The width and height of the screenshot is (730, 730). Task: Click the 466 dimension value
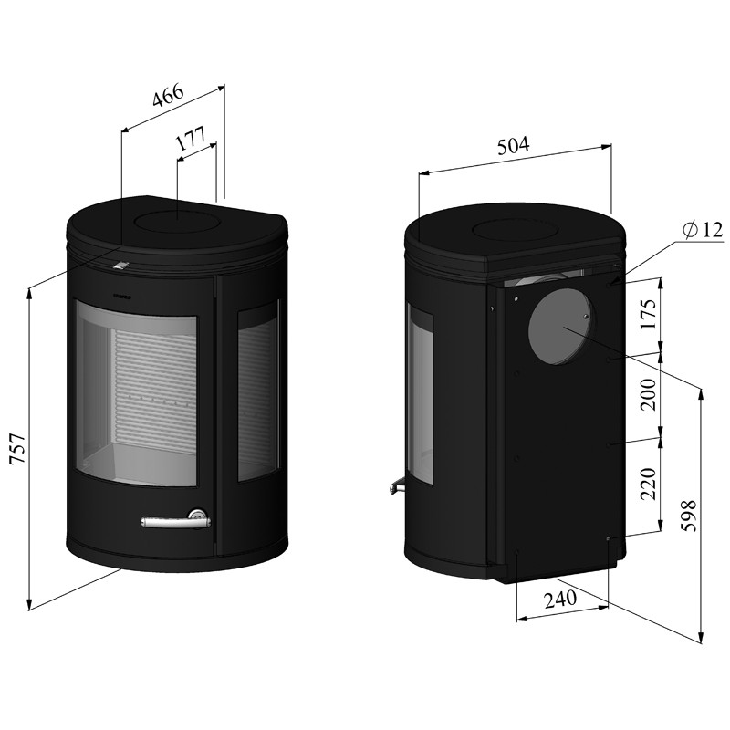coord(169,97)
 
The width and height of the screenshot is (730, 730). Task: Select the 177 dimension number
coord(191,138)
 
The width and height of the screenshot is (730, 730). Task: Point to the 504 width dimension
coord(514,145)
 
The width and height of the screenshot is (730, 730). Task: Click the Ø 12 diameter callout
coord(702,230)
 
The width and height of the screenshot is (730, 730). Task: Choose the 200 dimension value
coord(648,394)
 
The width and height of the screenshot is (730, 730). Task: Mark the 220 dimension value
coord(648,484)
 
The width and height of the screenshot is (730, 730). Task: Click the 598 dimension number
coord(688,516)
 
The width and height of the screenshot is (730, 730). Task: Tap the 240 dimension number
coord(560,600)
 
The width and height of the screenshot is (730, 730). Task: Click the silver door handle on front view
coord(176,519)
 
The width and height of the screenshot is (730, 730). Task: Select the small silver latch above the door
coord(120,265)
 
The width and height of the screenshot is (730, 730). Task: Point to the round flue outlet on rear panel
coord(560,328)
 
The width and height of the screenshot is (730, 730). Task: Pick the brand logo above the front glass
coord(123,295)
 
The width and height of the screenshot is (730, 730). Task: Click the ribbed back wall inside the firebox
coord(152,391)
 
